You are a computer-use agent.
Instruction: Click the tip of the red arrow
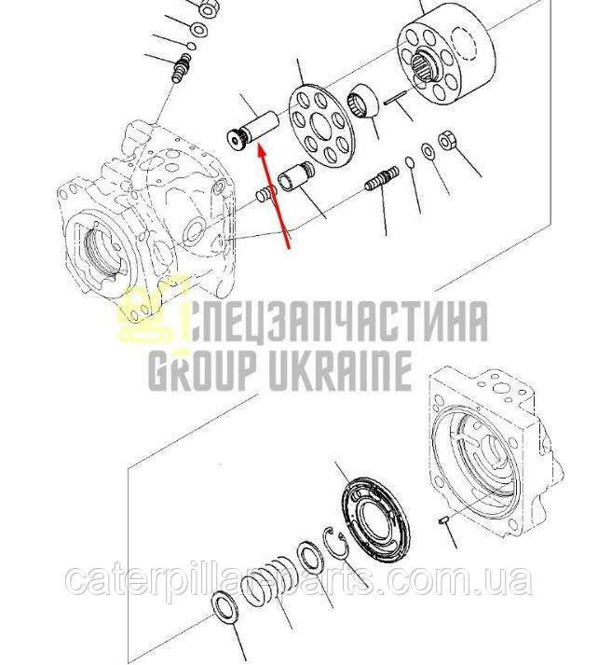[x=259, y=145]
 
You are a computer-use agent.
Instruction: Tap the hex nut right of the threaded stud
[x=446, y=140]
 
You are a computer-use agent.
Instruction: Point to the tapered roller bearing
[x=363, y=101]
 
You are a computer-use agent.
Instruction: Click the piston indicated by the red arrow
[x=252, y=131]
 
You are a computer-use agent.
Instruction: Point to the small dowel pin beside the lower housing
[x=442, y=520]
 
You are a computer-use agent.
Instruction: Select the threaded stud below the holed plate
[x=382, y=179]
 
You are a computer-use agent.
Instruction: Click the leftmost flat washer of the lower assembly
[x=225, y=609]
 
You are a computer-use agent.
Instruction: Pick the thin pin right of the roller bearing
[x=396, y=97]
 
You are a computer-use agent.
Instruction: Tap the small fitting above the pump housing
[x=183, y=67]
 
